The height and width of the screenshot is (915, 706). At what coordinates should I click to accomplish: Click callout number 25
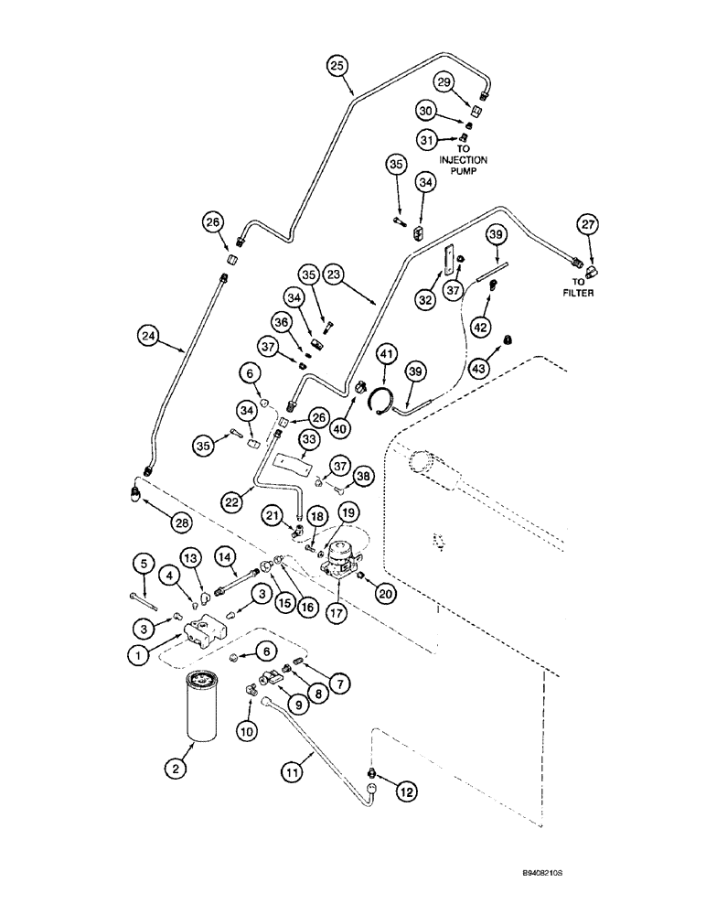[338, 65]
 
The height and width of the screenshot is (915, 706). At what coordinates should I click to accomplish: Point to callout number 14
[226, 556]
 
